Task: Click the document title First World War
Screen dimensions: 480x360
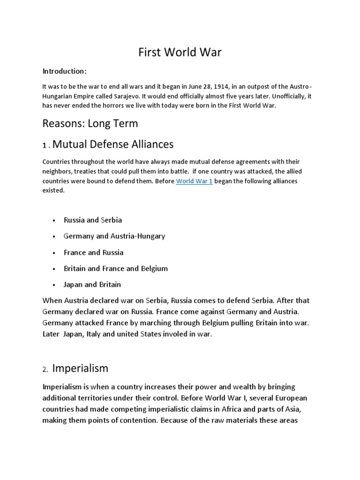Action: [x=180, y=52]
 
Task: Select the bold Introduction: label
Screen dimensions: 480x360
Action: [x=65, y=71]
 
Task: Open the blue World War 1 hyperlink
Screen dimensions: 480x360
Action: [x=194, y=181]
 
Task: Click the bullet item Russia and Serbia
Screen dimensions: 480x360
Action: [x=93, y=220]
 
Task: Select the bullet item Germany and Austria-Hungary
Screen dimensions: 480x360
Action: [x=114, y=236]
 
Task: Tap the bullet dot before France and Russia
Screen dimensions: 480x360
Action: [x=55, y=253]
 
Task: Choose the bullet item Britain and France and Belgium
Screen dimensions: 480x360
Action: [x=116, y=269]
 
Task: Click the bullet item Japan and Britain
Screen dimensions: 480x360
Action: [x=92, y=285]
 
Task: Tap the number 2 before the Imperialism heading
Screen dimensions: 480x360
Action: [x=45, y=369]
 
